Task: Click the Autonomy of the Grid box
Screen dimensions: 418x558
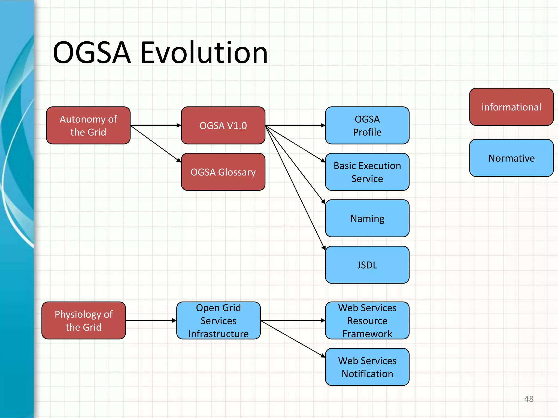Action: [88, 125]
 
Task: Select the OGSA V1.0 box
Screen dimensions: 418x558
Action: [223, 125]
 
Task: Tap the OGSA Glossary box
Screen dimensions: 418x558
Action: [223, 172]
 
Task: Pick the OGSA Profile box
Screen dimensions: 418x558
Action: [367, 125]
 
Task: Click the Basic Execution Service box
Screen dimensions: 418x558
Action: [367, 172]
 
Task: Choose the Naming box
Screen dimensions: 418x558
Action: [367, 218]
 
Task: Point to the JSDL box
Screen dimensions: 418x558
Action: [367, 265]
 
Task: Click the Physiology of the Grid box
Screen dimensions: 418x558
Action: [84, 321]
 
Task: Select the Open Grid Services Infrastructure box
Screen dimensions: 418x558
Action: [219, 321]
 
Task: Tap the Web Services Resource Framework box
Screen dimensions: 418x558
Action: [367, 321]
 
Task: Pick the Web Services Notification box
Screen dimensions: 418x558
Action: [367, 367]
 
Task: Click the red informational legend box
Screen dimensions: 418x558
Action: [511, 107]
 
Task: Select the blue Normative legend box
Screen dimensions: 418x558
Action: [511, 158]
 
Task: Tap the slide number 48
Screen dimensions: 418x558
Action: [529, 399]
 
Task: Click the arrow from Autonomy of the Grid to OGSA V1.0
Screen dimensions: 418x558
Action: [155, 125]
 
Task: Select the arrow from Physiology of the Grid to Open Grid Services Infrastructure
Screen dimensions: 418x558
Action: [151, 321]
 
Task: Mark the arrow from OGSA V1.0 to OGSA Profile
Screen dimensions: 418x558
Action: [295, 125]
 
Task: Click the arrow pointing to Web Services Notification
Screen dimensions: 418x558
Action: [293, 339]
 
